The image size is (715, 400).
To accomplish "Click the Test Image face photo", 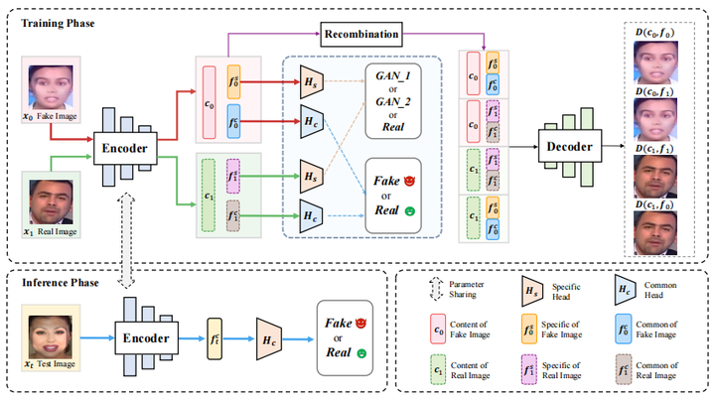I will [46, 333].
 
